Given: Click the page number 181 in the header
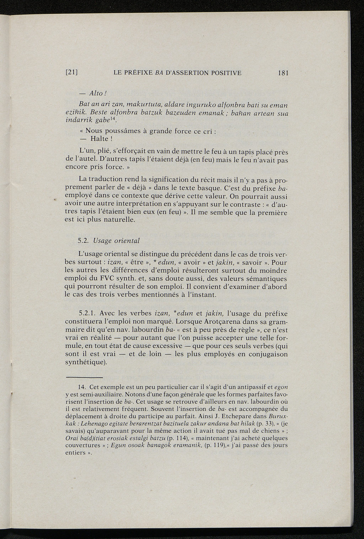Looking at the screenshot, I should (x=283, y=73).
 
